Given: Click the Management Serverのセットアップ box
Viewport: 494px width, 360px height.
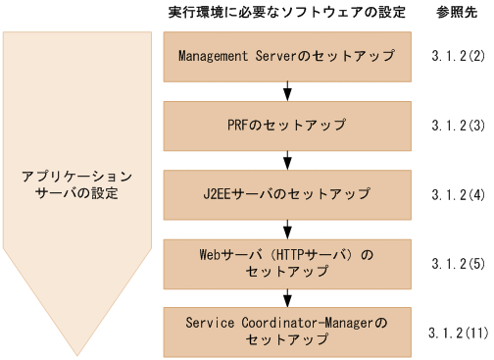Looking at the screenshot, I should pos(286,56).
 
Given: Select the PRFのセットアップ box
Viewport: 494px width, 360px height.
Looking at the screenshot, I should pos(286,126).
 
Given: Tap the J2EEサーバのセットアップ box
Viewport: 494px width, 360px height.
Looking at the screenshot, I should pos(286,193).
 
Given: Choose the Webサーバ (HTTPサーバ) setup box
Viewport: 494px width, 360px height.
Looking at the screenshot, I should pos(286,262).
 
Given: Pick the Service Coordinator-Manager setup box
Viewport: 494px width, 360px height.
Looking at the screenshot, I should pos(286,329).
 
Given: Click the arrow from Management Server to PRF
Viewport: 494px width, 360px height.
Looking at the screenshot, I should pos(286,91).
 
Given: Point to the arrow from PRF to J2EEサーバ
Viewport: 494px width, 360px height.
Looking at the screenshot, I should pos(286,160).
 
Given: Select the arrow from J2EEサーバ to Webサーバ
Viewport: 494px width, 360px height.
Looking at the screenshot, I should pos(286,228).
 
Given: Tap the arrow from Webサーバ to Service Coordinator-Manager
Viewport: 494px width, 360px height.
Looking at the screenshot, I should pos(286,295).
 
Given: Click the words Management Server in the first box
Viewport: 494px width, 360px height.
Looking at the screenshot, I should pos(237,56).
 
